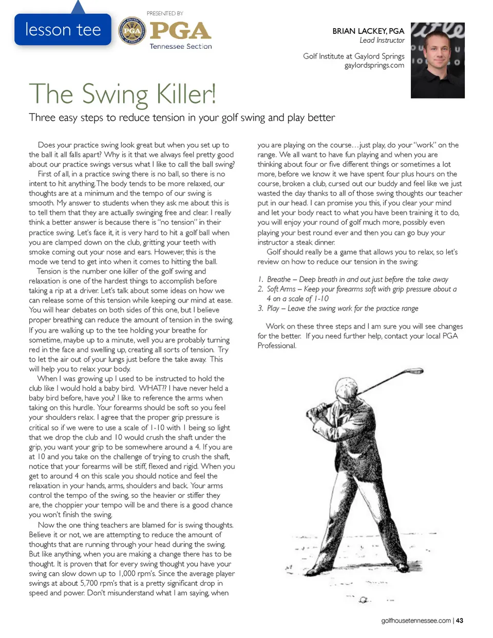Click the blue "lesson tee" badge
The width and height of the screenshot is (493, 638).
[63, 30]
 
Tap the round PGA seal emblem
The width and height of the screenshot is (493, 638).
[132, 31]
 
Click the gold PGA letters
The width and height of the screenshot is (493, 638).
[180, 31]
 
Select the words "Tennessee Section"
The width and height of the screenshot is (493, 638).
[180, 46]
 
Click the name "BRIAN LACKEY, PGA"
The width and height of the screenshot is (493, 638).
[368, 31]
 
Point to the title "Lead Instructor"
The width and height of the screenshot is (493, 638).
[382, 40]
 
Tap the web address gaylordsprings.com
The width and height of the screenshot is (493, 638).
[374, 65]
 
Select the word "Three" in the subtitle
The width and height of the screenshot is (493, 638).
[42, 118]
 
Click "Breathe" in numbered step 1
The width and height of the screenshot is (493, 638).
[279, 279]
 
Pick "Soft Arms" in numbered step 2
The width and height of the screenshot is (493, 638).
[281, 289]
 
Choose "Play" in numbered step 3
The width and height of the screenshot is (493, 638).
[273, 308]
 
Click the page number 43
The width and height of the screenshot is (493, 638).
[459, 621]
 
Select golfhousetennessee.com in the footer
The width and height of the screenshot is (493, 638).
[416, 621]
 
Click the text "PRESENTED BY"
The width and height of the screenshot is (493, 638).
[165, 13]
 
